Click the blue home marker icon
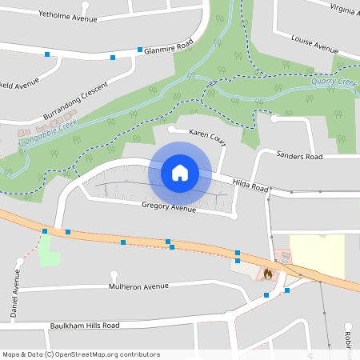click(x=180, y=172)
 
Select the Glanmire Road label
click(x=169, y=48)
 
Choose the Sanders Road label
click(x=298, y=155)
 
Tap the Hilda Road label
click(x=250, y=185)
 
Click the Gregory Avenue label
click(x=168, y=208)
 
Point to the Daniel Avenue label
click(x=16, y=294)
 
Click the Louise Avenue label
click(x=315, y=44)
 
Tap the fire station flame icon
click(x=267, y=274)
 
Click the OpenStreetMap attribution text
click(x=82, y=354)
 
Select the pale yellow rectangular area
click(x=317, y=256)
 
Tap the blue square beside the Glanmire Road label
click(x=140, y=50)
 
